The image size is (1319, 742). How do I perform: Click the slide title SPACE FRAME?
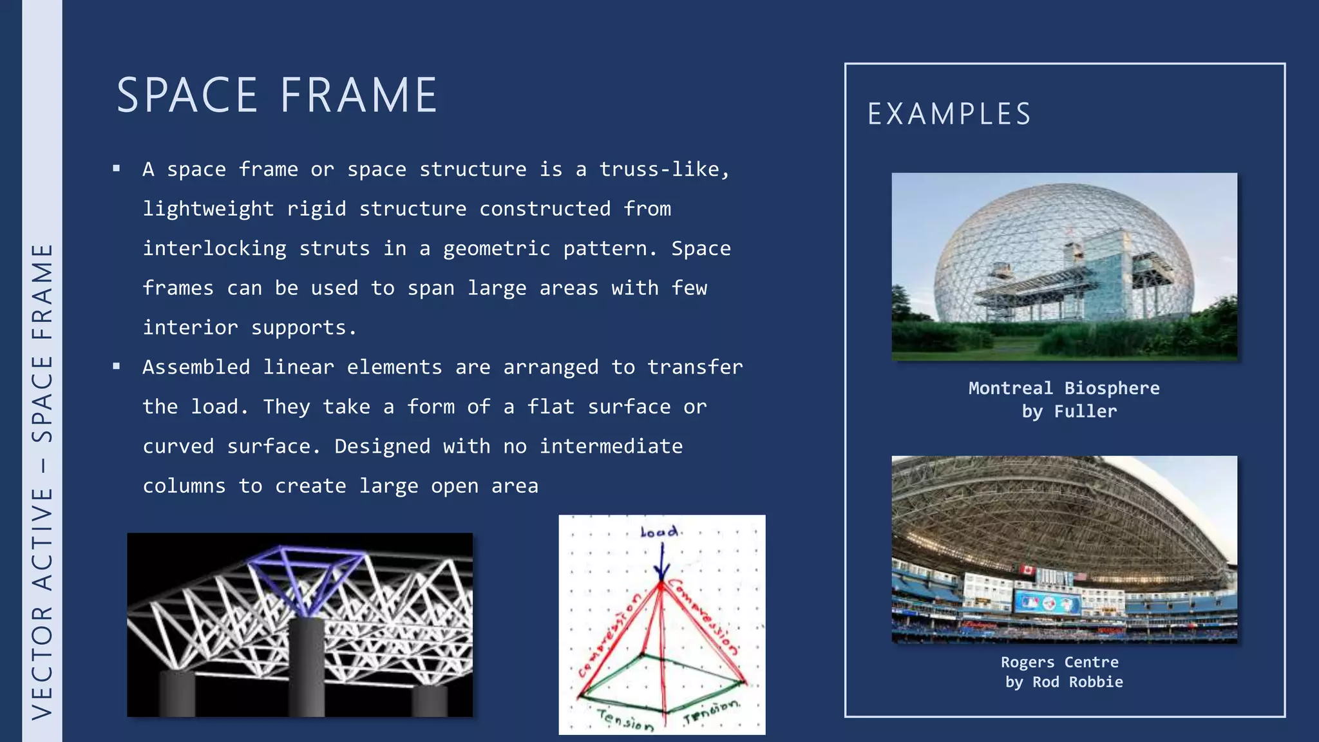(x=277, y=95)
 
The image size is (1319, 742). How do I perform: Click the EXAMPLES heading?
(x=949, y=115)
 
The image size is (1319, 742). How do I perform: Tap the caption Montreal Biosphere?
(x=1064, y=388)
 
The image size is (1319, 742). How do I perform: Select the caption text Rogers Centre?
(x=1059, y=662)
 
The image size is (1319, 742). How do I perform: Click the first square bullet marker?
(x=117, y=169)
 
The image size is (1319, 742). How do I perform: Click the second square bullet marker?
(x=117, y=366)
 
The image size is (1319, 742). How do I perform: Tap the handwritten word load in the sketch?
(x=659, y=532)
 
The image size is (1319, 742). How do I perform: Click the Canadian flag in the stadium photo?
(x=1026, y=569)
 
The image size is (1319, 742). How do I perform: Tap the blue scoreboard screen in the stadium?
(x=1048, y=604)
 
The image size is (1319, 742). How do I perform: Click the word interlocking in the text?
(x=214, y=249)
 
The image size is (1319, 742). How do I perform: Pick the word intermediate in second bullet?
(x=611, y=446)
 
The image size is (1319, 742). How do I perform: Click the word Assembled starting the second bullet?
(x=196, y=367)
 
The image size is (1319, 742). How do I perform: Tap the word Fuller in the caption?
(x=1085, y=412)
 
